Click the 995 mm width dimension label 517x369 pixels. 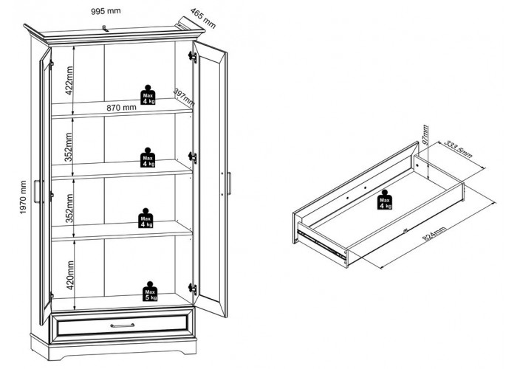point(106,11)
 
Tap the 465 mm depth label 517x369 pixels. point(203,18)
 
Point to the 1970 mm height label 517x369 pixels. point(23,197)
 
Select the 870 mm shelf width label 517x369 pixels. point(121,108)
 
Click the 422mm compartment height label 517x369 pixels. point(69,80)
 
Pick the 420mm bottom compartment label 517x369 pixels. point(70,275)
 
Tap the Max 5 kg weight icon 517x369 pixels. point(150,292)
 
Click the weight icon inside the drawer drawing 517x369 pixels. point(385,200)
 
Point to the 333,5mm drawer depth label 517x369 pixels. point(459,149)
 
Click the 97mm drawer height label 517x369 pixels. point(425,134)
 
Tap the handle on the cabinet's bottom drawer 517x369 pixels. point(123,325)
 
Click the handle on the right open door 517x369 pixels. point(229,183)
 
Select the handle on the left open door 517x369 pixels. point(37,191)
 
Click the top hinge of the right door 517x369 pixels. point(192,57)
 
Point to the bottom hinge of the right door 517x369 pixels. point(192,289)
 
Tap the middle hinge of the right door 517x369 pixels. point(192,157)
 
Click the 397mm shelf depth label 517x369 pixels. point(184,97)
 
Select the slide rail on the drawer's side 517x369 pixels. point(322,243)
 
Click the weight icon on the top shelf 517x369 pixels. point(148,95)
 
